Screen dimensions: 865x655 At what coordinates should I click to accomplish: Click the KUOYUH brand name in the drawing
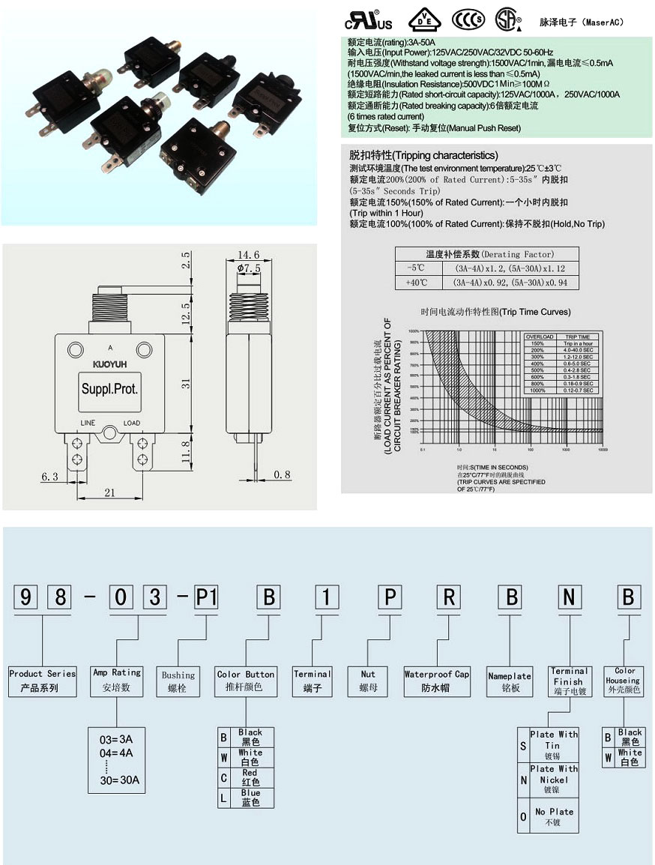109,365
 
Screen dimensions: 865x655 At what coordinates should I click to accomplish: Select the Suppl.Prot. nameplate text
109,390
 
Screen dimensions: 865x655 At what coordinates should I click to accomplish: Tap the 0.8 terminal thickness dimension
282,474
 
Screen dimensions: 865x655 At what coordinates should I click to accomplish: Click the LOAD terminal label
132,424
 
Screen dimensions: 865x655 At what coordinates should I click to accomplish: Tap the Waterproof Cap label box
437,680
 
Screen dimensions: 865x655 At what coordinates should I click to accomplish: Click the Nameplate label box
510,680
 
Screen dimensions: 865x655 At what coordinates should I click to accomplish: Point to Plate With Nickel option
554,779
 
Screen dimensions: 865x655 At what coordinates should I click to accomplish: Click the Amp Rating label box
116,680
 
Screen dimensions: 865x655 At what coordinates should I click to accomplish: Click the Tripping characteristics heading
423,155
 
